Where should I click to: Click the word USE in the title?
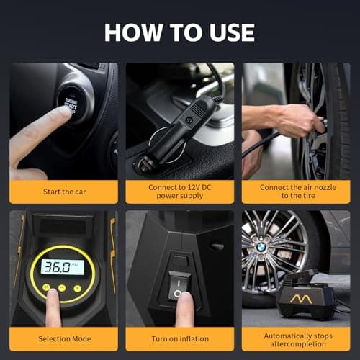(220, 32)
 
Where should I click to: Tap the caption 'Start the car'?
(64, 192)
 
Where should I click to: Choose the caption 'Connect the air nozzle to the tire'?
(296, 192)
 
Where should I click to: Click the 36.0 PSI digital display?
(62, 266)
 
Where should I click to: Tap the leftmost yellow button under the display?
(46, 287)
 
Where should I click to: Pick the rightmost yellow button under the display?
(76, 287)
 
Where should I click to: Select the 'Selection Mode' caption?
(64, 338)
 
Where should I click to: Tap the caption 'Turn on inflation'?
(180, 338)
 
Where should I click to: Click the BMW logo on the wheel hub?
(261, 247)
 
